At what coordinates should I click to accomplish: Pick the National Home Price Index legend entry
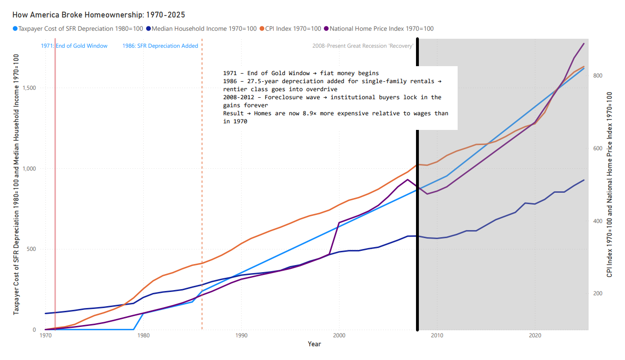tap(381, 28)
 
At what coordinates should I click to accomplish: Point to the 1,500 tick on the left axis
tap(32, 88)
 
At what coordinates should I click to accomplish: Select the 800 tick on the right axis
tap(597, 76)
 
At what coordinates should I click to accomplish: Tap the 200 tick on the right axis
tap(597, 293)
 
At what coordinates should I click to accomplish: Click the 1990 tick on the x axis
tap(241, 335)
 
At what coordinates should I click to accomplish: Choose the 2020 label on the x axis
tap(535, 335)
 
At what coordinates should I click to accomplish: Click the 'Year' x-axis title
tap(314, 344)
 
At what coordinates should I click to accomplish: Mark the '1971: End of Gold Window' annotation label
tap(74, 46)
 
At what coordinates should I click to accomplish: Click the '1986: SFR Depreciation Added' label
tap(160, 46)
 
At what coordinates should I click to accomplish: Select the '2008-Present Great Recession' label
tap(363, 46)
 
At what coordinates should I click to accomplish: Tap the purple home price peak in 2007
tap(408, 180)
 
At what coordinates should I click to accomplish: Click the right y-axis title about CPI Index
tap(609, 184)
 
